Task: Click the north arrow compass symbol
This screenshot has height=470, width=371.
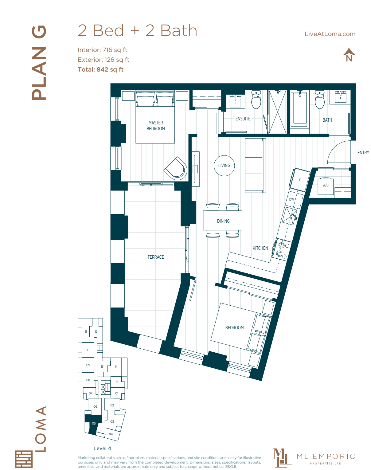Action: pos(349,55)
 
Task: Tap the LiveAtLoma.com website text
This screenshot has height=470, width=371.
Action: pos(330,34)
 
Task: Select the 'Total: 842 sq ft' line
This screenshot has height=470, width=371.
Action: pos(100,69)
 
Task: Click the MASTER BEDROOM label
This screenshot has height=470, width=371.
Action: pos(156,126)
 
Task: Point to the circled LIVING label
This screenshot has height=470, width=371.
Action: pos(224,166)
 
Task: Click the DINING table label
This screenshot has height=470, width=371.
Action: pos(223,221)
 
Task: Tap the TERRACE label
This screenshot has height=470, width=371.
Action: pos(155,257)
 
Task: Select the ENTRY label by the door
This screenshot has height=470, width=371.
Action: pos(363,152)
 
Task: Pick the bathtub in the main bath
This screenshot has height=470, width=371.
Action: pos(299,108)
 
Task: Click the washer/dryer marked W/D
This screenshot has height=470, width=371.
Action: pos(326,186)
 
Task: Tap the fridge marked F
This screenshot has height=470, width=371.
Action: pos(300,180)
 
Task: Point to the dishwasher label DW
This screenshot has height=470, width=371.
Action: pos(291,199)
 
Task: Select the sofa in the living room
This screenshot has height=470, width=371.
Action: pos(255,166)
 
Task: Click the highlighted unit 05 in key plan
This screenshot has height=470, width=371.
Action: pos(93,423)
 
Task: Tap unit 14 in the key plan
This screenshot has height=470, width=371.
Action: pos(116,366)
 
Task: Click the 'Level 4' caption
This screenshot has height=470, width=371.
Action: pos(102,448)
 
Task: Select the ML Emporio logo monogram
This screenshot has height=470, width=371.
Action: pos(281,458)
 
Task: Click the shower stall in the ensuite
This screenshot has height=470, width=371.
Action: pos(277,112)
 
